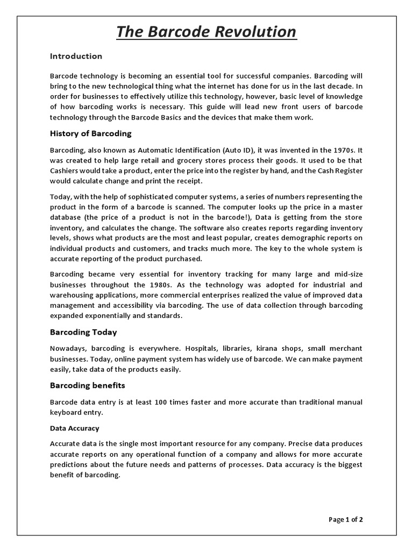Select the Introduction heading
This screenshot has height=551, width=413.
coord(76,56)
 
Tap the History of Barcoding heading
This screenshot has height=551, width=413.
coord(90,133)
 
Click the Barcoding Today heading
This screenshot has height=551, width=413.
coord(83,332)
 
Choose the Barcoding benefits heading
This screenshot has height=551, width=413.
coord(88,385)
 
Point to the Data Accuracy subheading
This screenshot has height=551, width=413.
coord(74,428)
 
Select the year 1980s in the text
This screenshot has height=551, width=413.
coord(176,285)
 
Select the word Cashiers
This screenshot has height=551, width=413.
coord(67,171)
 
